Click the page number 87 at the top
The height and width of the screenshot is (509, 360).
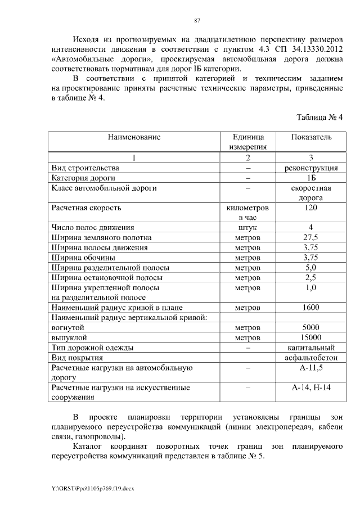[197, 21]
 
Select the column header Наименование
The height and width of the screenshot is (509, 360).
[134, 137]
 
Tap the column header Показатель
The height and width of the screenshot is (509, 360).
[311, 137]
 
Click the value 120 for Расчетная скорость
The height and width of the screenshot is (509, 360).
[311, 208]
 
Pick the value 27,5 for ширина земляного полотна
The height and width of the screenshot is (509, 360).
[311, 238]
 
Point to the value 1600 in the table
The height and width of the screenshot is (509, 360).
[311, 308]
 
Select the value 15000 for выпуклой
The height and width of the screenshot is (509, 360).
[311, 337]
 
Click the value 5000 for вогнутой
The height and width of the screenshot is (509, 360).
[311, 327]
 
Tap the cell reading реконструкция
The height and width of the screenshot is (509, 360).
[311, 168]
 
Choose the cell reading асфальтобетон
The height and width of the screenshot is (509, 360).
[311, 358]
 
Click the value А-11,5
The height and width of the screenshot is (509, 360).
[311, 368]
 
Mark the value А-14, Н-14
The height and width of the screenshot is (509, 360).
[311, 388]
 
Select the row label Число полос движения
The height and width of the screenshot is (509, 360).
[93, 228]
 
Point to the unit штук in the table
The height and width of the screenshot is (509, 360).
[247, 228]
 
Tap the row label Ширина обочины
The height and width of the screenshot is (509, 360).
[83, 258]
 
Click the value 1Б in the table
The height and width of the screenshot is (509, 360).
[311, 178]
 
